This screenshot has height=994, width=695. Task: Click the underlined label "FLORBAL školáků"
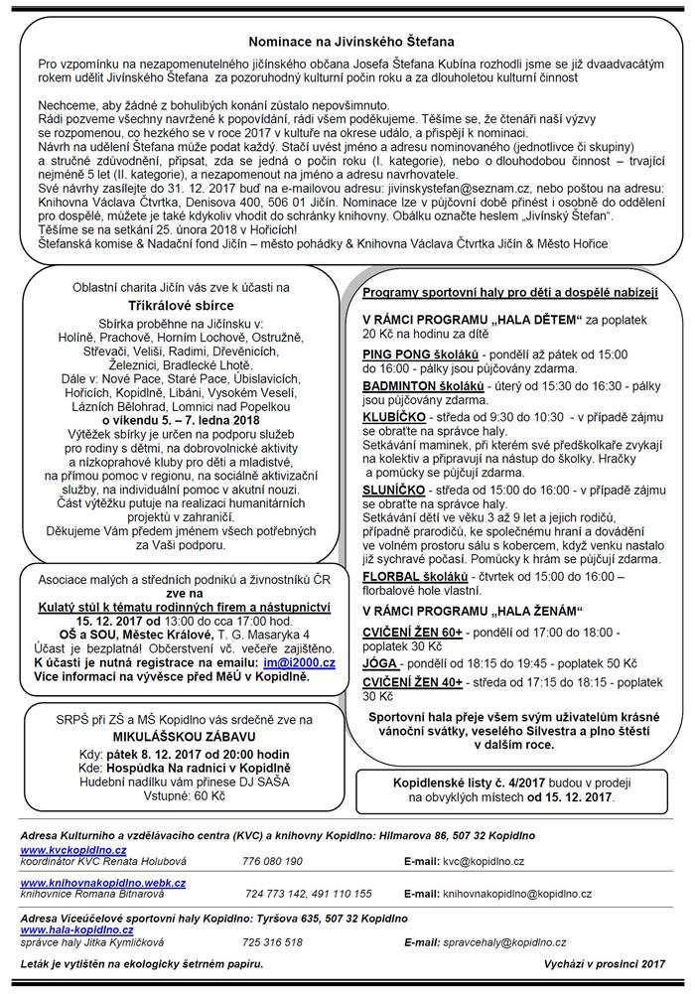(x=418, y=576)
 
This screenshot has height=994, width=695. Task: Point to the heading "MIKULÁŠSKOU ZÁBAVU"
(x=168, y=736)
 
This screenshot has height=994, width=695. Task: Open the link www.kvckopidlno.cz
(x=73, y=851)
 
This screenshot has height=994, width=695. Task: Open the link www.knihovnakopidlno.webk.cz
(x=103, y=881)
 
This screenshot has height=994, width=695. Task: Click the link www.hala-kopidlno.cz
(x=76, y=929)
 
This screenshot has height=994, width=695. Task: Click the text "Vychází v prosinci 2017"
(x=604, y=964)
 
